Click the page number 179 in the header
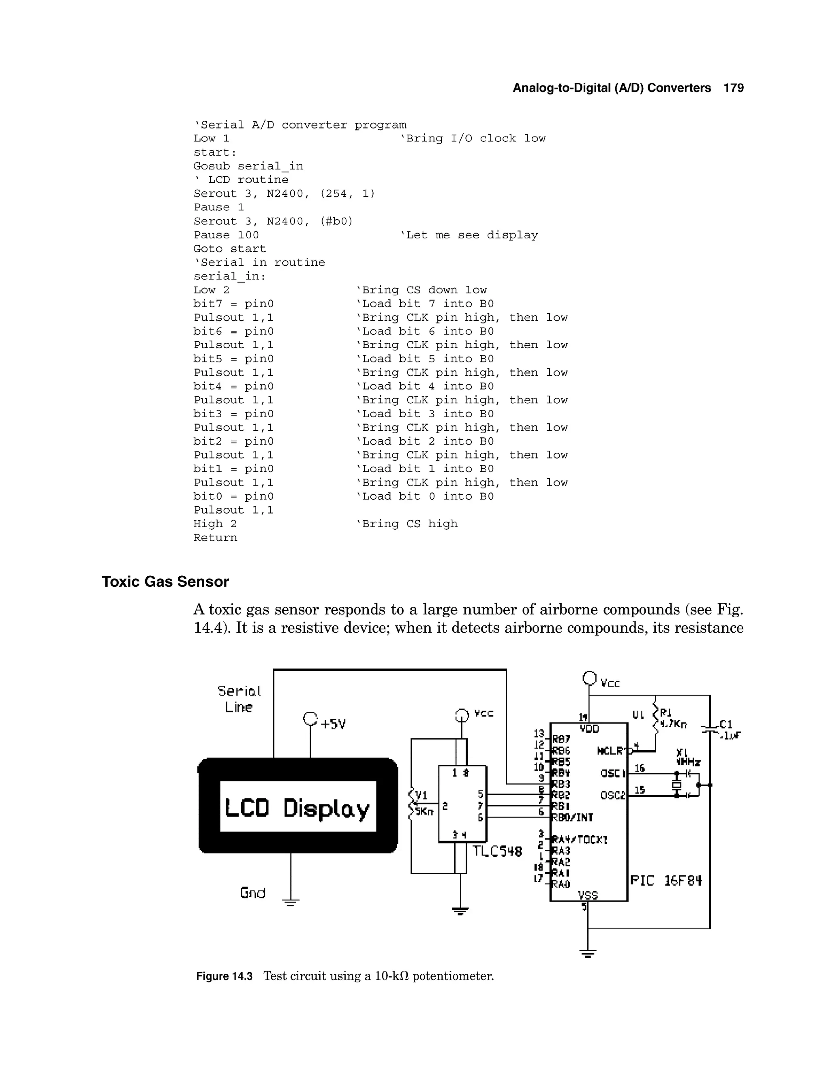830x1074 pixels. click(734, 88)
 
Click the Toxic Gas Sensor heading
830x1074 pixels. click(165, 582)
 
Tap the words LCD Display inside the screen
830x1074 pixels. click(297, 808)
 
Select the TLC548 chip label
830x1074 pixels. click(497, 851)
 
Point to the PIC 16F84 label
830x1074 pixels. click(666, 880)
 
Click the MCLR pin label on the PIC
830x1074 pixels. click(610, 751)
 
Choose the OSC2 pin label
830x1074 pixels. click(612, 795)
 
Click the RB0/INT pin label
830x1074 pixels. click(572, 817)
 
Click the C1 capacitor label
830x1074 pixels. click(726, 724)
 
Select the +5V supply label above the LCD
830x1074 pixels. click(333, 724)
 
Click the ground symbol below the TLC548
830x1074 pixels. click(460, 911)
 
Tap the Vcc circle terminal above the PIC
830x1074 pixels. click(589, 678)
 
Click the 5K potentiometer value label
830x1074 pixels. click(424, 811)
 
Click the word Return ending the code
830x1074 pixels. click(215, 537)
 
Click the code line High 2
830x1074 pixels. click(215, 524)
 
